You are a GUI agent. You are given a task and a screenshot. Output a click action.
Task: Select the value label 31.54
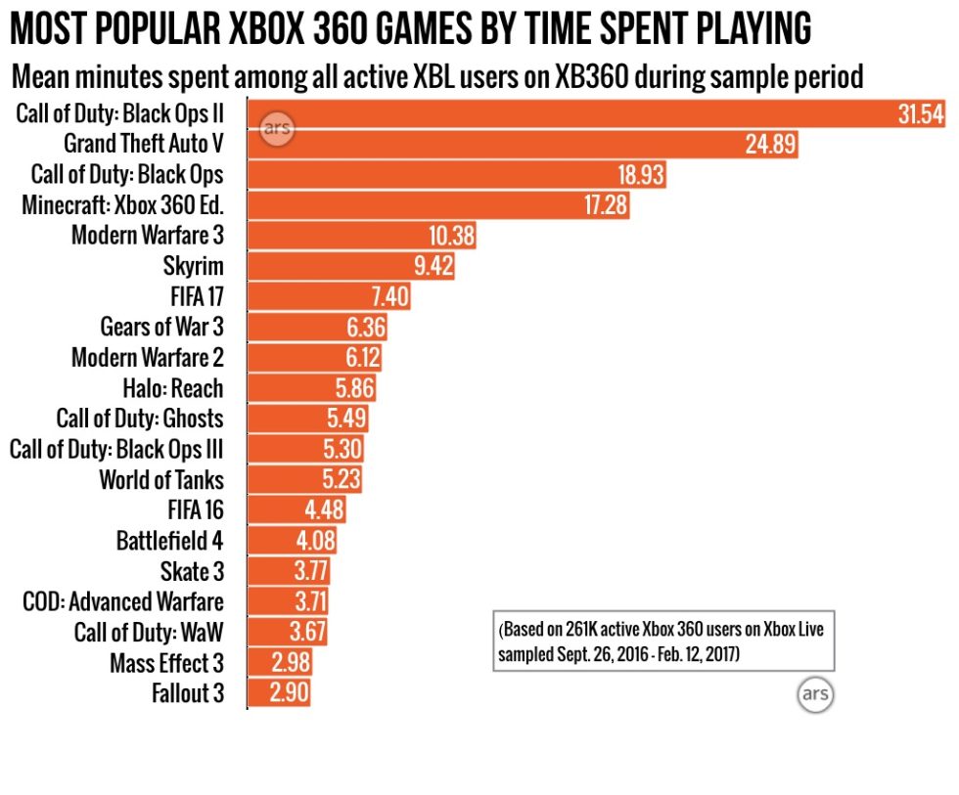[920, 114]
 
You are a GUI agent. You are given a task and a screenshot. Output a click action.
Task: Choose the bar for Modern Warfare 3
[362, 236]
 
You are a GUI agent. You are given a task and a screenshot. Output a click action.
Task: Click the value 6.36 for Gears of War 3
[367, 327]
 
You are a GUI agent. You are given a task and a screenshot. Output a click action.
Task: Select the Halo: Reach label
[173, 388]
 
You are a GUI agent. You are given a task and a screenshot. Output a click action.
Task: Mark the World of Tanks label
[160, 479]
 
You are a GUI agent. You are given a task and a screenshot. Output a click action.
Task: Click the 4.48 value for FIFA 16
[321, 509]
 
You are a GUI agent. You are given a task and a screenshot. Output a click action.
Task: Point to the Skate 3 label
[192, 571]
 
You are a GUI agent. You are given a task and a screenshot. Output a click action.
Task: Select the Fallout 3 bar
[278, 693]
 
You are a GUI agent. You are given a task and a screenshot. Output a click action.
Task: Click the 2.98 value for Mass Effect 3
[290, 663]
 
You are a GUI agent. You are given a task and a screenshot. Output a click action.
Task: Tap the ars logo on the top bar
[277, 130]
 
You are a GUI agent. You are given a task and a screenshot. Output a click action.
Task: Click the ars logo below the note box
[814, 695]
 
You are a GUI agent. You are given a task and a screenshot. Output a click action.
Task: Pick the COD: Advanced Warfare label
[122, 601]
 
